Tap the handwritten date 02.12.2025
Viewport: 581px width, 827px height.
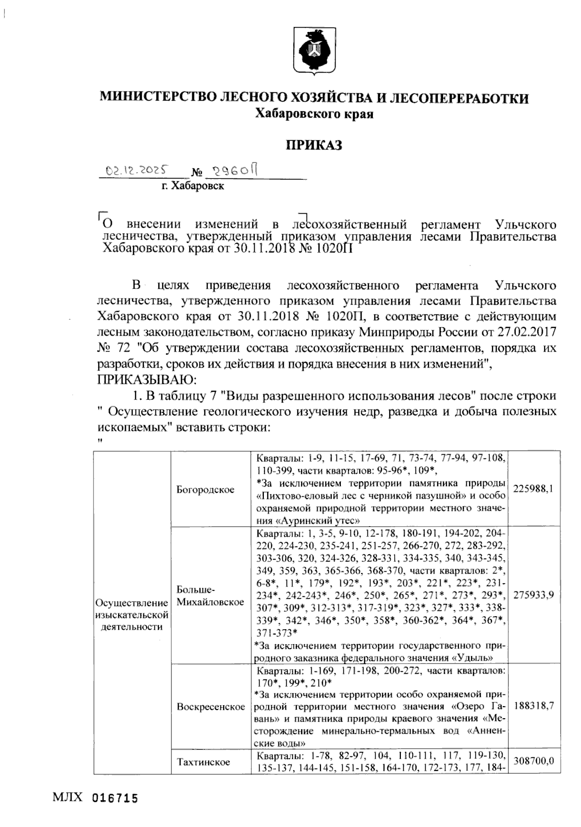coord(137,170)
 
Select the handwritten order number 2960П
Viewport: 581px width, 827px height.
coord(235,170)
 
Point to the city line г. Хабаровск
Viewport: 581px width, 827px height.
coord(193,186)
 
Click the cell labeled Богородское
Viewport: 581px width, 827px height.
coord(205,489)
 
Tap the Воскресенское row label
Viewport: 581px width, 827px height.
coord(211,707)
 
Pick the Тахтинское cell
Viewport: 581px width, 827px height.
coord(203,762)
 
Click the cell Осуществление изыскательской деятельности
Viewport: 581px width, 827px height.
coord(132,615)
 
